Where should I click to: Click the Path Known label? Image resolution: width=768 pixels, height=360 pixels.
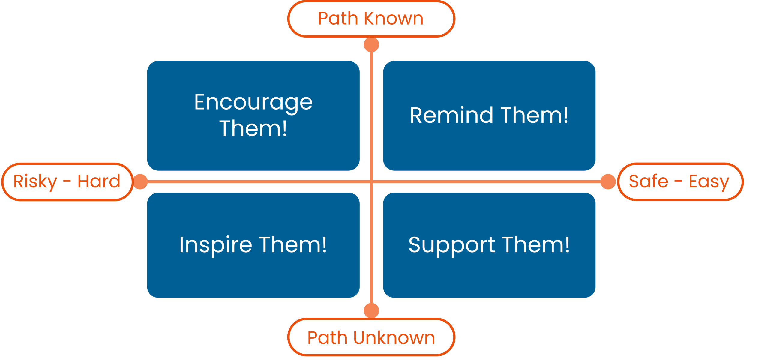point(371,19)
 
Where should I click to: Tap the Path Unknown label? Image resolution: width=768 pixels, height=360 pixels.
point(371,338)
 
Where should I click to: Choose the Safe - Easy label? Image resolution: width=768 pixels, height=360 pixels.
point(680,182)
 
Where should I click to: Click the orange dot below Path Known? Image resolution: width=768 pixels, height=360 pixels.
point(371,45)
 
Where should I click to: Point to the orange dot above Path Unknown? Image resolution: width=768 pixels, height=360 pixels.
point(371,310)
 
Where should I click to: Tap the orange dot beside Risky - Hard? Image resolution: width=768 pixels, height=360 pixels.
point(140,181)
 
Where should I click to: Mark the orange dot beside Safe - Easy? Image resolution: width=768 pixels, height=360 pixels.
point(608,181)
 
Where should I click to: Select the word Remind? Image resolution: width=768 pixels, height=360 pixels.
point(451,115)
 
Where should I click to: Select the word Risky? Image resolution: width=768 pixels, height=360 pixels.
point(35,182)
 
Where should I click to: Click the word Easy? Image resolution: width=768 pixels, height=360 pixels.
point(709,182)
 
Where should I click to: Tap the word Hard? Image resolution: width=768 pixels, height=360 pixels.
point(99,181)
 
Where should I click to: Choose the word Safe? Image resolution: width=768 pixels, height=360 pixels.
point(648,181)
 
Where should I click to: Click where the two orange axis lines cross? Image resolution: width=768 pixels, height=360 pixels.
point(371,181)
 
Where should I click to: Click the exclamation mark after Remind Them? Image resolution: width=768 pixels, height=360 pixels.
point(565,115)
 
